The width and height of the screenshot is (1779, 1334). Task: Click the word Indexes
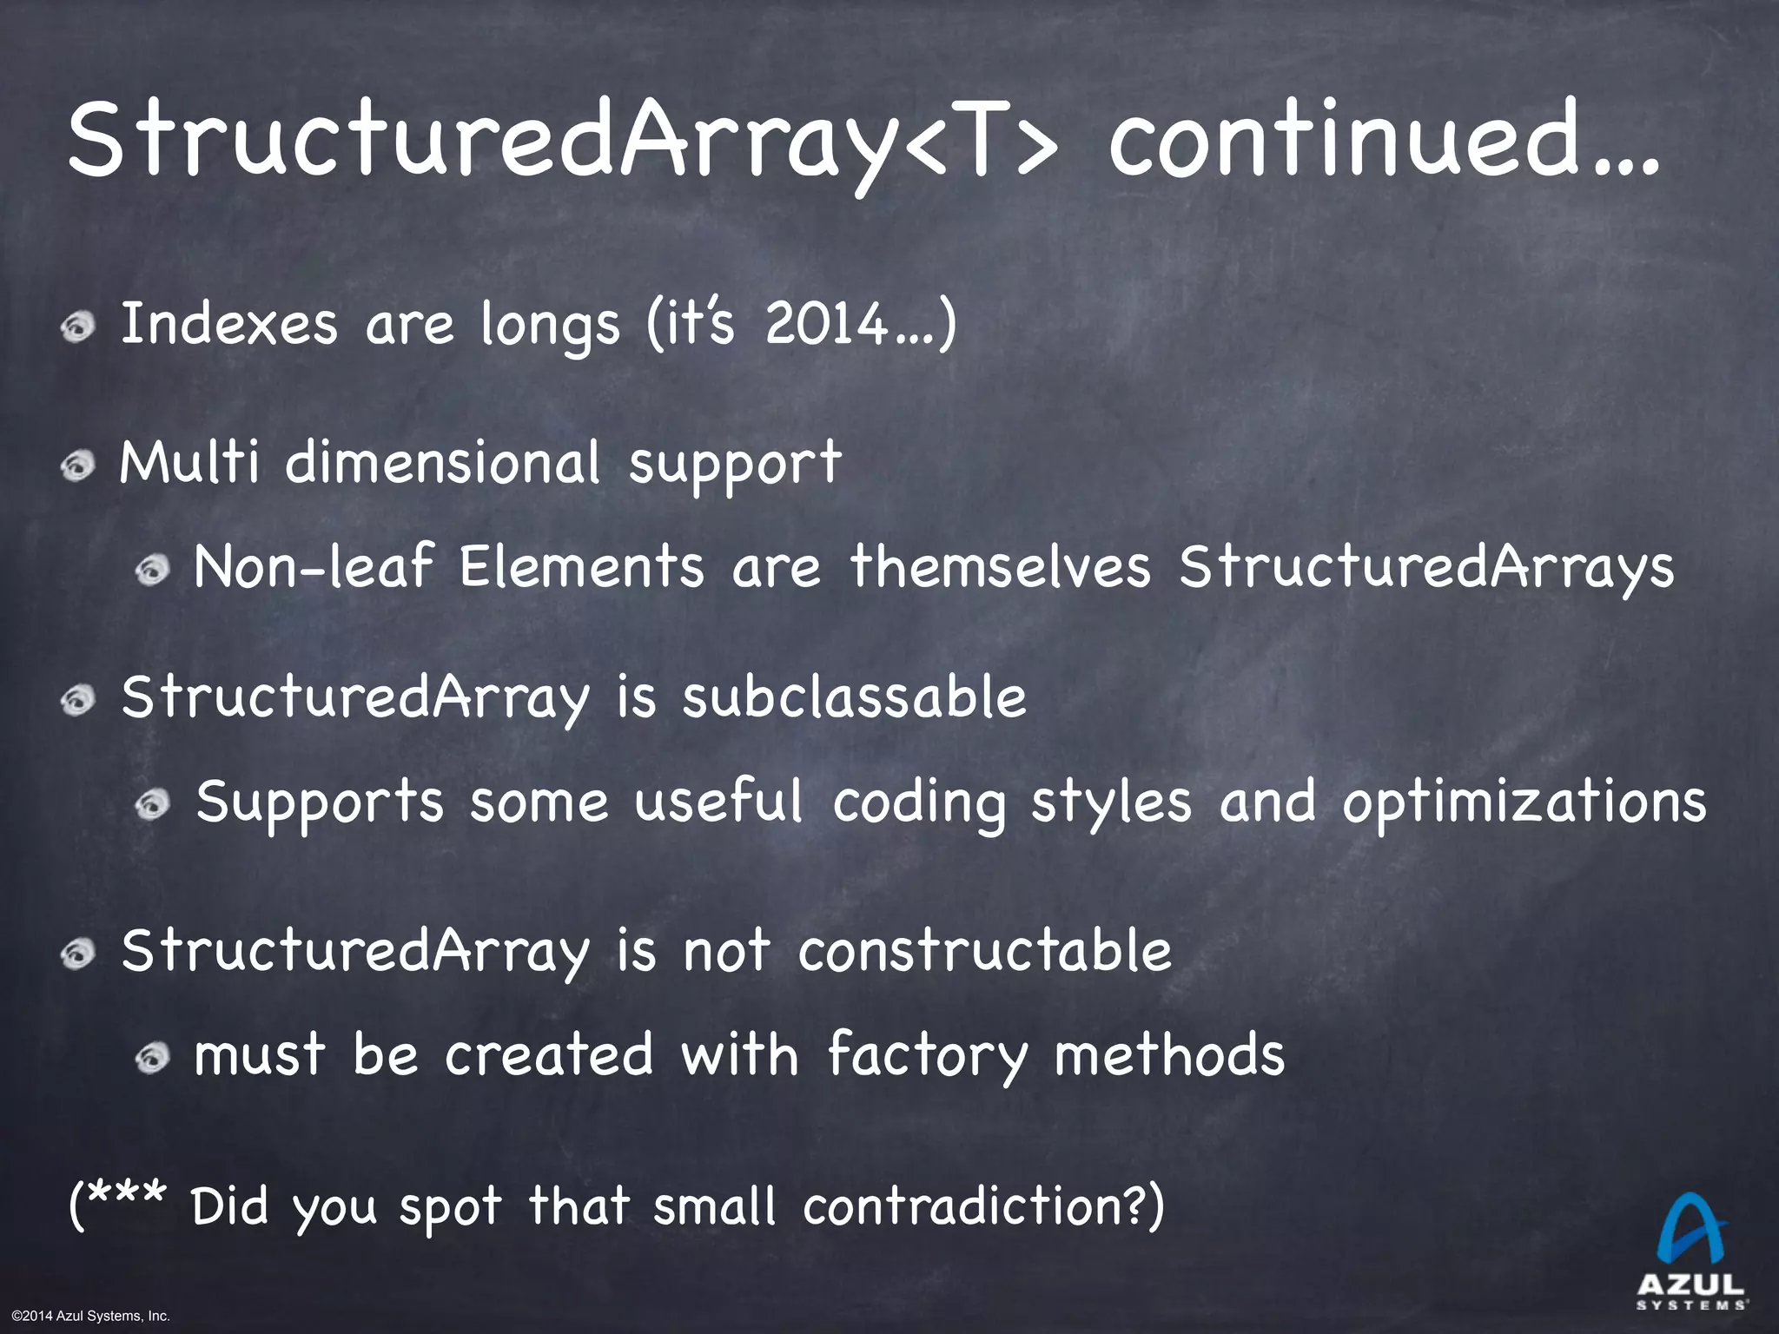coord(228,324)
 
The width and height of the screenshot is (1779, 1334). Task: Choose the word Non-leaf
coord(313,566)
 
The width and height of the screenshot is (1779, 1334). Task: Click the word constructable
coord(985,950)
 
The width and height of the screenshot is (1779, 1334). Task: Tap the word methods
coord(1169,1054)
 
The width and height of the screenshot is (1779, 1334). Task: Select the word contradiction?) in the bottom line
coord(983,1206)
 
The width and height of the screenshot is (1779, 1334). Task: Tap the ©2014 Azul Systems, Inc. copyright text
coord(91,1317)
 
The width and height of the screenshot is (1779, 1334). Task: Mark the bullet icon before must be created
coord(153,1058)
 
